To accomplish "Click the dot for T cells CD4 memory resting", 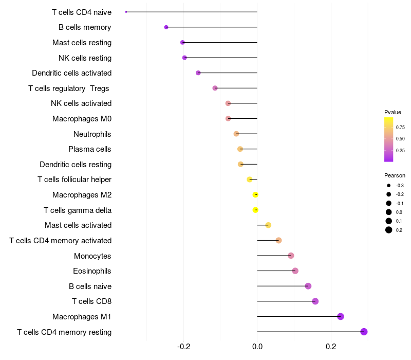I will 364,332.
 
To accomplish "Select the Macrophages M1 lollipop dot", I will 340,316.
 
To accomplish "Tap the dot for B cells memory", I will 166,27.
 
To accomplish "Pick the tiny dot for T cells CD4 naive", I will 126,12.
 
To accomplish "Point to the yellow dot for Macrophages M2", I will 255,194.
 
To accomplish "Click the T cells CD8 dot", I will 315,301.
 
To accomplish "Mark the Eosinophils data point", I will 295,271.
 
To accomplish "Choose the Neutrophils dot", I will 236,134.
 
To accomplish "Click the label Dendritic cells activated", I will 71,73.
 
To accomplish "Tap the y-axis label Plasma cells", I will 90,149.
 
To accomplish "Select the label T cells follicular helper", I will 74,179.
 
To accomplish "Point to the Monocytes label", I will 92,256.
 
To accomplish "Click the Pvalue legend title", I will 393,112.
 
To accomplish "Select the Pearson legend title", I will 395,175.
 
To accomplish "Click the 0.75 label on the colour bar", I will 400,127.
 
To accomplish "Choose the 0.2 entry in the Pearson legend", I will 399,230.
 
